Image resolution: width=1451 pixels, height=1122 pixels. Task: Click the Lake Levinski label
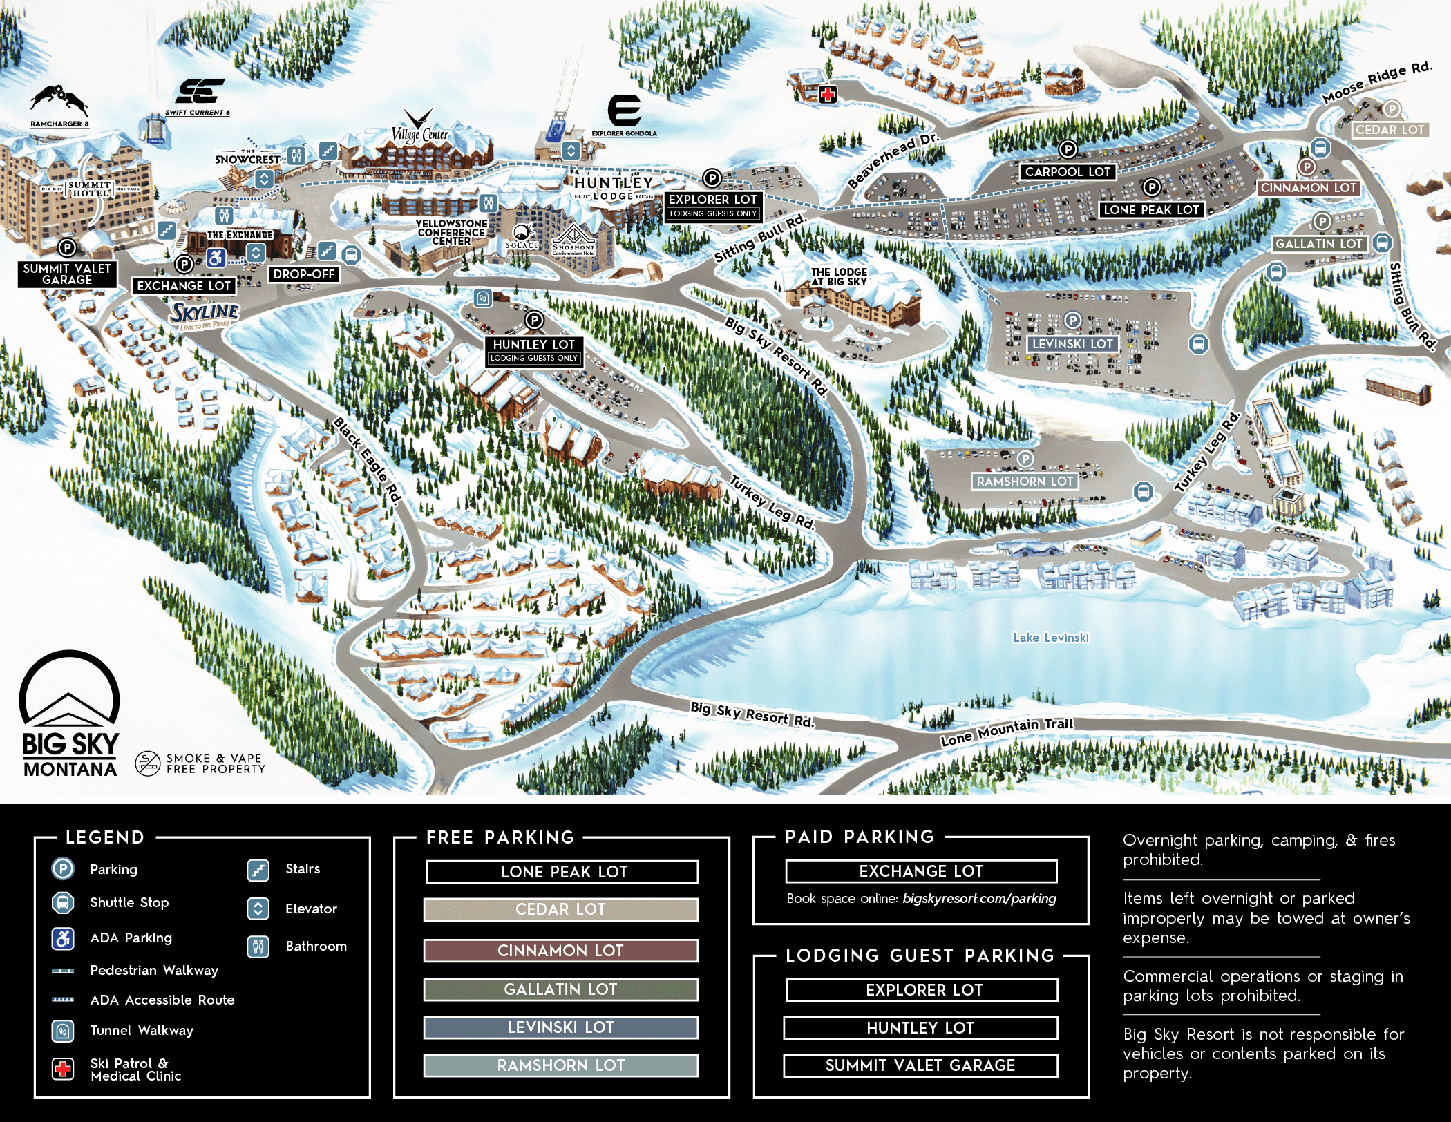[x=1050, y=638]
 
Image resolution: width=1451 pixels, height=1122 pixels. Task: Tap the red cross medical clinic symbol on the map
[x=827, y=95]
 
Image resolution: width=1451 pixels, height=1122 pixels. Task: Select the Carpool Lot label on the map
[x=1068, y=172]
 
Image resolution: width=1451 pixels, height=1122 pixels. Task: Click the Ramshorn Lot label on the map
[x=1025, y=482]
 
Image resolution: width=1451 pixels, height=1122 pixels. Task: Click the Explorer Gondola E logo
[x=624, y=111]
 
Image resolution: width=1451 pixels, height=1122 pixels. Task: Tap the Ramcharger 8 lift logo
[x=59, y=102]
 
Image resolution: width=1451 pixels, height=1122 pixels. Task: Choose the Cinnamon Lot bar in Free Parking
[x=560, y=951]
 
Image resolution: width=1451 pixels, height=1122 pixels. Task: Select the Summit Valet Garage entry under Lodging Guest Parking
[x=920, y=1065]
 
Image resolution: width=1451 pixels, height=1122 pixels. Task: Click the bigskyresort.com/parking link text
[x=979, y=899]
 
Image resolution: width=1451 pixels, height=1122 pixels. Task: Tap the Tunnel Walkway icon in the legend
[x=63, y=1031]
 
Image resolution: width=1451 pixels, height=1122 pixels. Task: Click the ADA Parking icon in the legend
[x=63, y=938]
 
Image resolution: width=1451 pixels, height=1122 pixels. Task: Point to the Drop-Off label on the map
[x=303, y=274]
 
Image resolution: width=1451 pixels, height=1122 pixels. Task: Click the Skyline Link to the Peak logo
[x=205, y=314]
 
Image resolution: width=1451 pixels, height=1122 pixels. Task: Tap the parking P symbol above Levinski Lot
[x=1072, y=320]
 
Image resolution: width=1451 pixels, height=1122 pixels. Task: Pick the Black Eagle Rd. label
[x=367, y=460]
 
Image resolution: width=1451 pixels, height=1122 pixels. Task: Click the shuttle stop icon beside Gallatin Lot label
[x=1382, y=243]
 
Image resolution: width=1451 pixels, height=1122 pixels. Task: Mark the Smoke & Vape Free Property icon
[x=147, y=763]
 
